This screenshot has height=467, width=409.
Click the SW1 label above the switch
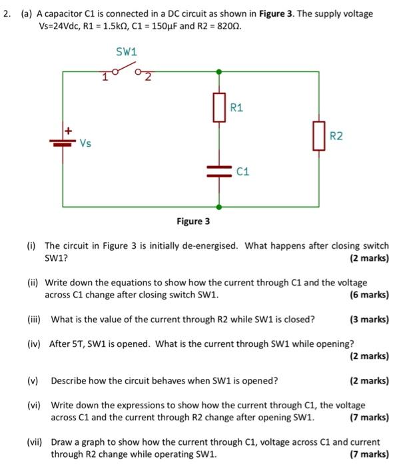126,51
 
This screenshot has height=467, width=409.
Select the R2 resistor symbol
319,136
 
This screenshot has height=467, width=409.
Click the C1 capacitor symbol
218,171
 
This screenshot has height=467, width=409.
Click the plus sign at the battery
67,130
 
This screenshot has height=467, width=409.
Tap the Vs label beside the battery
85,143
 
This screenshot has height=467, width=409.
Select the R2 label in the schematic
336,136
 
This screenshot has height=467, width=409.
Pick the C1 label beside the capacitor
242,171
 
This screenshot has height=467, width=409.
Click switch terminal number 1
105,78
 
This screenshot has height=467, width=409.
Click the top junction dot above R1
218,69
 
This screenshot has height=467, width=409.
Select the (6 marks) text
369,294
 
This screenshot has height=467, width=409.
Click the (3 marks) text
369,319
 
